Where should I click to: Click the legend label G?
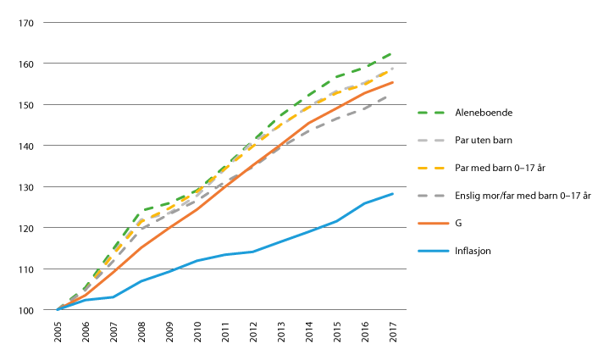point(458,224)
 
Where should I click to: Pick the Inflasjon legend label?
point(474,251)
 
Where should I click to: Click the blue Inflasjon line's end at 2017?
point(393,194)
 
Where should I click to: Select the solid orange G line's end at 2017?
point(393,82)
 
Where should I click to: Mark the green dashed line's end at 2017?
point(393,53)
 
